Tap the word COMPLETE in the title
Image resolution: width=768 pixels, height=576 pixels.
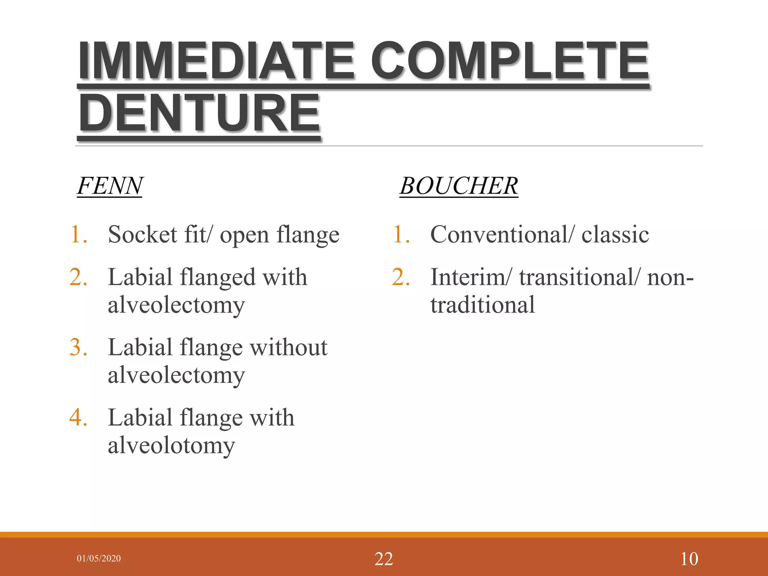(x=510, y=61)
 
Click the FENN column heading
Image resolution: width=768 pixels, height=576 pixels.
(x=109, y=186)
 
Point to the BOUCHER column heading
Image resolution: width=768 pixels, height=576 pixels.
(x=458, y=186)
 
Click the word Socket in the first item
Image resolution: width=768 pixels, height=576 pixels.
(x=142, y=235)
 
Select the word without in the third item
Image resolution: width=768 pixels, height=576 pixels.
(x=288, y=348)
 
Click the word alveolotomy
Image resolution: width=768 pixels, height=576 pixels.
(x=171, y=445)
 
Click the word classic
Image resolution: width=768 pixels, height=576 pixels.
(x=615, y=235)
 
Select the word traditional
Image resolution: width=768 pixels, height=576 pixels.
(x=482, y=304)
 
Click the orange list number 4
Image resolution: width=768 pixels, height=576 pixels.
(x=78, y=417)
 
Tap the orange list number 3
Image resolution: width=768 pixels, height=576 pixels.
(x=78, y=347)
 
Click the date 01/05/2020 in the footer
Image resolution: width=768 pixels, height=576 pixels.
(x=99, y=558)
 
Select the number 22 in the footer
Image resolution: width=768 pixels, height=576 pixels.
(x=384, y=559)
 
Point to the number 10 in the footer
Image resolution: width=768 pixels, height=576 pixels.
(x=689, y=559)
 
